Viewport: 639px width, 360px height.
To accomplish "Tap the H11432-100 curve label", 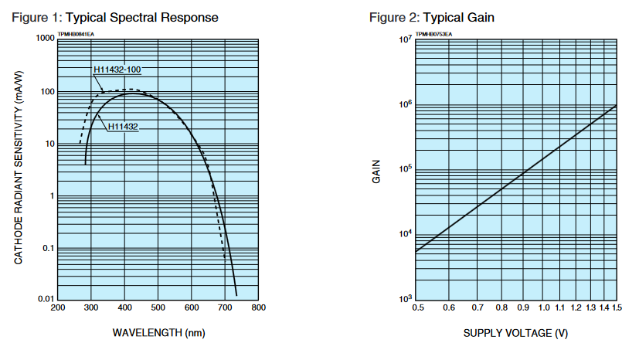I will [116, 70].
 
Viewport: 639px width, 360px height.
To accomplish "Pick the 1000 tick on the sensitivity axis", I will [44, 38].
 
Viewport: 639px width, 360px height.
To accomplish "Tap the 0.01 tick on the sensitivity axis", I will [46, 299].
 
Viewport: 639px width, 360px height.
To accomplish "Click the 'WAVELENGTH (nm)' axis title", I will [159, 333].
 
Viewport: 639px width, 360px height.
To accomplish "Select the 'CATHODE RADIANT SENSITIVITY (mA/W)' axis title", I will [19, 168].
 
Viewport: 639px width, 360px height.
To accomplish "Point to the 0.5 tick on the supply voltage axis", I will [417, 309].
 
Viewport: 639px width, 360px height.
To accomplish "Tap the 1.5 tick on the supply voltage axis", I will [617, 309].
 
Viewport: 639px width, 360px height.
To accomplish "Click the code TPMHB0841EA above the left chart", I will [74, 34].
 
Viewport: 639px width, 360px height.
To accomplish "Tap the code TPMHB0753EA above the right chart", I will [433, 34].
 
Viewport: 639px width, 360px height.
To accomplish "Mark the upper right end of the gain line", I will [616, 105].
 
